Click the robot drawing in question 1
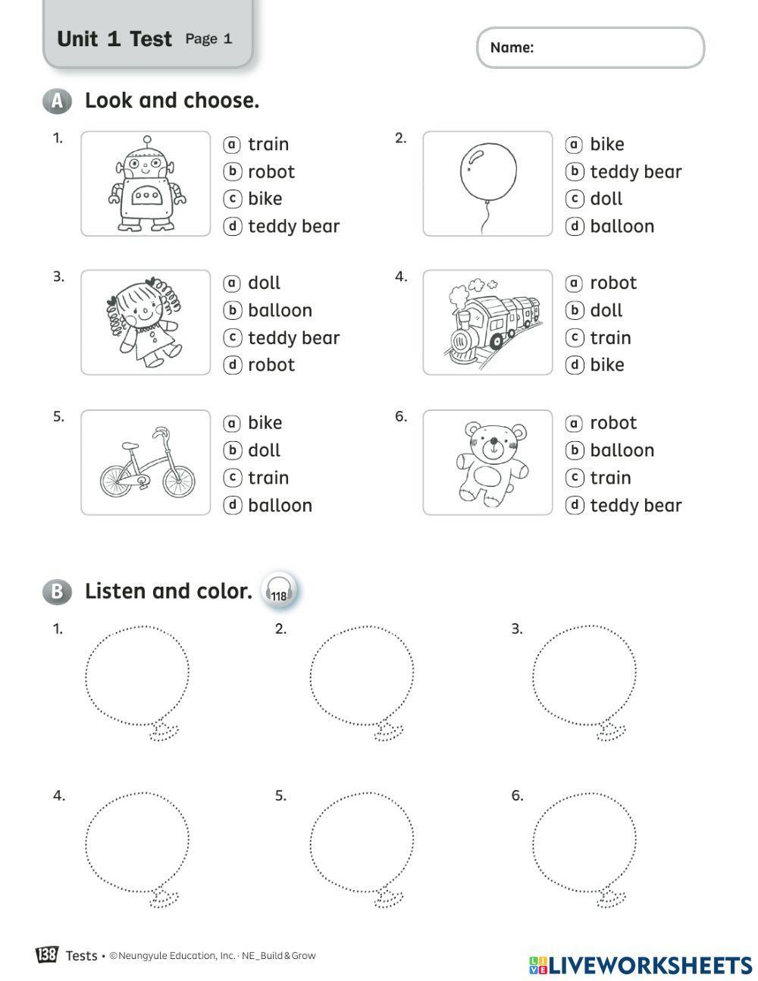point(146,183)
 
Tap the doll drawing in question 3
point(144,321)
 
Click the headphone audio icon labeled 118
point(279,591)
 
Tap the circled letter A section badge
point(56,101)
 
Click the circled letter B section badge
point(56,591)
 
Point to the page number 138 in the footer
point(46,954)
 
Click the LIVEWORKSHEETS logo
point(641,964)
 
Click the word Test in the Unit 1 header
point(151,39)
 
